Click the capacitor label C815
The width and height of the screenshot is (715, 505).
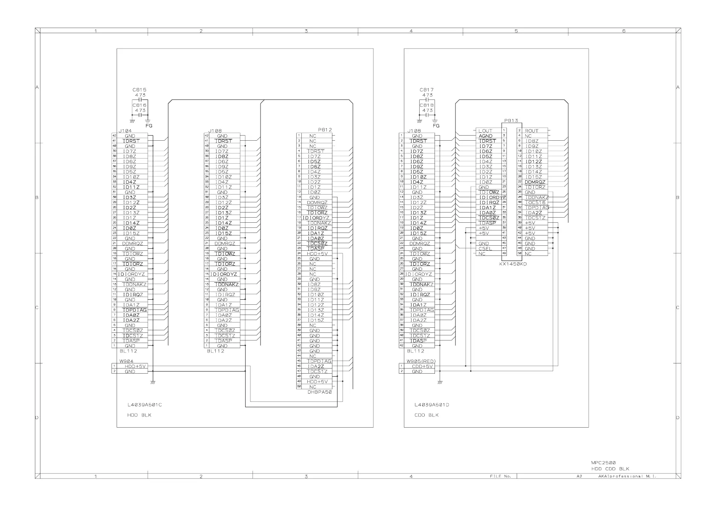pyautogui.click(x=140, y=90)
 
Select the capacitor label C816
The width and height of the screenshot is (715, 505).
pyautogui.click(x=140, y=105)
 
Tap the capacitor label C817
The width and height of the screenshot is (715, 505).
pyautogui.click(x=426, y=90)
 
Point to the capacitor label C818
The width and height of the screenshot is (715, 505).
pyautogui.click(x=426, y=105)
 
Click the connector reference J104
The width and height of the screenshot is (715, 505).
pyautogui.click(x=125, y=131)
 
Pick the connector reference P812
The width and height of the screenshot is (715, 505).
pyautogui.click(x=325, y=130)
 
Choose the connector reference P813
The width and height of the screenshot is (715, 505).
pyautogui.click(x=511, y=121)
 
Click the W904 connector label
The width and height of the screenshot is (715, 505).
pyautogui.click(x=120, y=361)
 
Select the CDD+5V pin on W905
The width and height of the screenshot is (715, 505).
pyautogui.click(x=422, y=366)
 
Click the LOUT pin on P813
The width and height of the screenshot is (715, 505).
pyautogui.click(x=485, y=131)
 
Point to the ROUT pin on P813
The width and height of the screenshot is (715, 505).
pyautogui.click(x=532, y=131)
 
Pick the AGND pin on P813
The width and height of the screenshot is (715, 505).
pyautogui.click(x=485, y=136)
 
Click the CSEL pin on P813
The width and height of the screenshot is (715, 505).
pyautogui.click(x=485, y=249)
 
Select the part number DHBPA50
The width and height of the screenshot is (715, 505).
pyautogui.click(x=320, y=392)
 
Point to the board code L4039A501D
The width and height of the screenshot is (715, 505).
pyautogui.click(x=432, y=405)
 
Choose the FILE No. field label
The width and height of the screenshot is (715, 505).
pyautogui.click(x=500, y=477)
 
